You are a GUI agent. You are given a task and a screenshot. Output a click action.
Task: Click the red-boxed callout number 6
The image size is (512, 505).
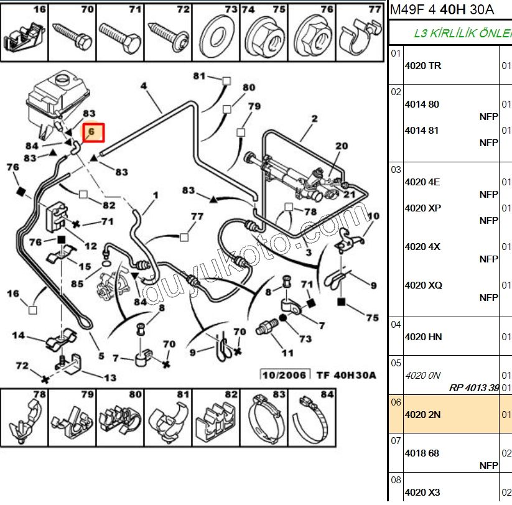[91, 132]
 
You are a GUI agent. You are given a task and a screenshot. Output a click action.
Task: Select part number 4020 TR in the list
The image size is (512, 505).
[423, 66]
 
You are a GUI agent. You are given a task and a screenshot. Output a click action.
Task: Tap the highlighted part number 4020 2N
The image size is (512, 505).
[422, 415]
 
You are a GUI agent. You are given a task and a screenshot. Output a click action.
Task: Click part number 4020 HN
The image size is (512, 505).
[423, 337]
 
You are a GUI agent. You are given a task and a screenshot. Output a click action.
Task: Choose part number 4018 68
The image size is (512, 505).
[422, 453]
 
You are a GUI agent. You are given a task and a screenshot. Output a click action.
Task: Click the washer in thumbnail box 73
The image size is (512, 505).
[216, 37]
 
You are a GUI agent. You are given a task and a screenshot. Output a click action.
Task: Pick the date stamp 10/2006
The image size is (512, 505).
[284, 375]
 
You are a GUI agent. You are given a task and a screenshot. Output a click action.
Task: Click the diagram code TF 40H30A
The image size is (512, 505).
[347, 375]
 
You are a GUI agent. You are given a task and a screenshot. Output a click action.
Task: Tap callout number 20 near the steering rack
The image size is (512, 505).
[341, 146]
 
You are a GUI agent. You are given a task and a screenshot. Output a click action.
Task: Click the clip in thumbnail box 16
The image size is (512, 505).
[24, 37]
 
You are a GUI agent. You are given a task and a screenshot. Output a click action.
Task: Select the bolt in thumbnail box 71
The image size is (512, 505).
[120, 36]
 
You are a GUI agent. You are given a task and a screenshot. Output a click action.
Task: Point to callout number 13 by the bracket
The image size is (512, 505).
[110, 378]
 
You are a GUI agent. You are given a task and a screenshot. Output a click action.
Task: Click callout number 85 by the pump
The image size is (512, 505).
[77, 284]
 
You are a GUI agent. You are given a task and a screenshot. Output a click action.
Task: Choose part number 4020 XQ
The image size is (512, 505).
[424, 285]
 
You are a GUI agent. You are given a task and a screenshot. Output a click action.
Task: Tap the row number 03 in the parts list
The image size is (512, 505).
[396, 170]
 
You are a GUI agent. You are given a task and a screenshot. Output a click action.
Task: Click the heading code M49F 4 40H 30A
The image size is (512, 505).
[442, 10]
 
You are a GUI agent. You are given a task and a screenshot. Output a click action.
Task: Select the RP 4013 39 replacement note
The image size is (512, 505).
[474, 388]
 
